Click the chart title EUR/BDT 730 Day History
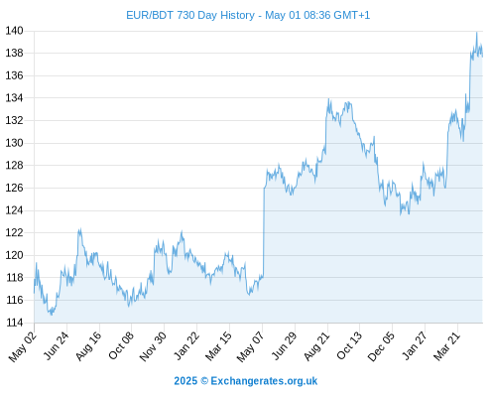click(190, 15)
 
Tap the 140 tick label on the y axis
click(14, 31)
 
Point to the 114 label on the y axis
click(14, 323)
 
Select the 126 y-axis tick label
click(14, 188)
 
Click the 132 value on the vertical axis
click(14, 120)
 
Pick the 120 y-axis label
click(14, 255)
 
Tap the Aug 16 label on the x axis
click(88, 345)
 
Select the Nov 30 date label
click(153, 346)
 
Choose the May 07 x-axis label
click(251, 346)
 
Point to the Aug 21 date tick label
click(316, 345)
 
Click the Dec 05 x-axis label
click(381, 346)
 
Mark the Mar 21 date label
click(447, 345)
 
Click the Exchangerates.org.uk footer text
click(264, 381)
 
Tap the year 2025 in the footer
click(185, 381)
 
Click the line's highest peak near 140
click(476, 33)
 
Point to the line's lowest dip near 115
click(52, 315)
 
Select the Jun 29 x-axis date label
click(284, 345)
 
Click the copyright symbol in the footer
click(204, 381)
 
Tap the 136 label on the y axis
click(14, 75)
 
